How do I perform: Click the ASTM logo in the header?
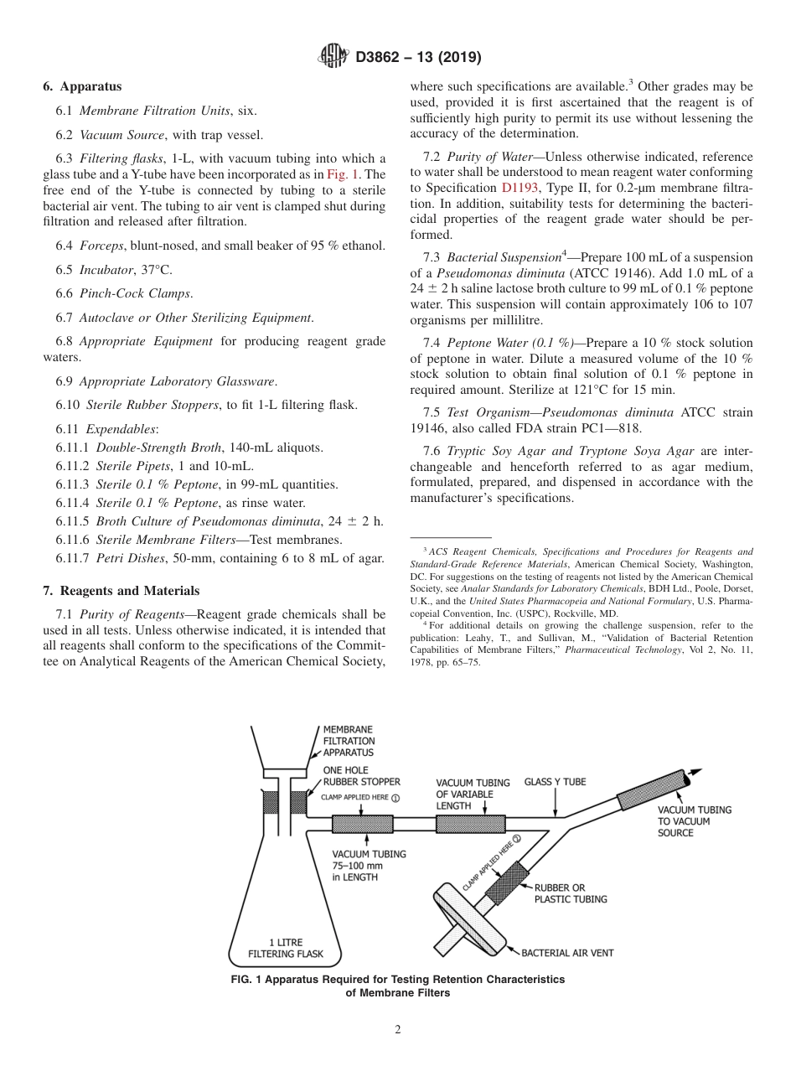(x=336, y=57)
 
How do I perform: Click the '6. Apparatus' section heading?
(x=82, y=86)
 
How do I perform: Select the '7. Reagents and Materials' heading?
(x=121, y=591)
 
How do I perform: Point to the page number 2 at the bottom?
(x=398, y=1030)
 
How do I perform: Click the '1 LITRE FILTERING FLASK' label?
(x=286, y=948)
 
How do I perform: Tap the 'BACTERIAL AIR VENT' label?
(x=567, y=953)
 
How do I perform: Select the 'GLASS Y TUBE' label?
(x=555, y=782)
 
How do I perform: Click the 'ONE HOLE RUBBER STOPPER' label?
(x=361, y=776)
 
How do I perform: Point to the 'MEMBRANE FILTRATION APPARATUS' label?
(x=349, y=741)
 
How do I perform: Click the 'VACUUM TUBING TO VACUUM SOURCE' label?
(x=694, y=821)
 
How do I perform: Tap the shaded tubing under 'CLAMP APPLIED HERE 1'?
(x=362, y=824)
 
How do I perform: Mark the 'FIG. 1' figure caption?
(x=398, y=986)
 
